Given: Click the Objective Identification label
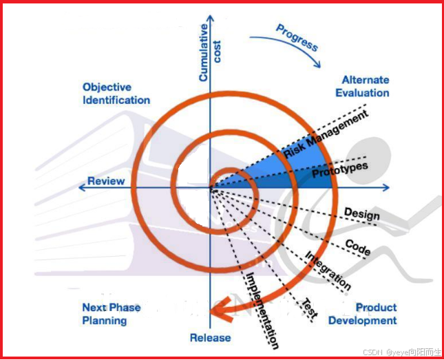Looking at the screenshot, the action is [116, 94].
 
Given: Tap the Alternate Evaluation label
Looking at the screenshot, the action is [365, 86].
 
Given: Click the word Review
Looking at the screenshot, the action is [106, 181].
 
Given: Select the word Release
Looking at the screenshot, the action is [211, 338].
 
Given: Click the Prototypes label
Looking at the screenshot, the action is [340, 170].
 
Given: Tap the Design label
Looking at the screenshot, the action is [361, 214].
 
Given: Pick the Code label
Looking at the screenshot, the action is [357, 248].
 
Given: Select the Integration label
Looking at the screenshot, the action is [328, 270].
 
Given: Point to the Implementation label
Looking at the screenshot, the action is [262, 310].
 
